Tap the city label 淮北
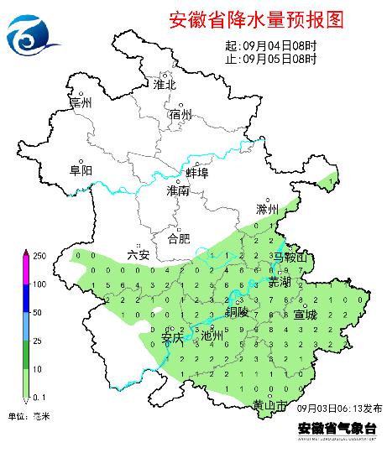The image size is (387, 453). pyautogui.click(x=165, y=85)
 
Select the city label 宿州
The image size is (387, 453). pyautogui.click(x=180, y=114)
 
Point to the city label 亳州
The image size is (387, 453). pyautogui.click(x=81, y=102)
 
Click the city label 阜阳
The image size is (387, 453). pyautogui.click(x=81, y=169)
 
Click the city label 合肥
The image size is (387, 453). pyautogui.click(x=180, y=238)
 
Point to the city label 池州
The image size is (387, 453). pyautogui.click(x=212, y=336)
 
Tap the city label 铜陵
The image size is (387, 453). pyautogui.click(x=238, y=311)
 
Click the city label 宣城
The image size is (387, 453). pyautogui.click(x=306, y=315)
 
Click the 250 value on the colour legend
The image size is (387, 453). pyautogui.click(x=39, y=255)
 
